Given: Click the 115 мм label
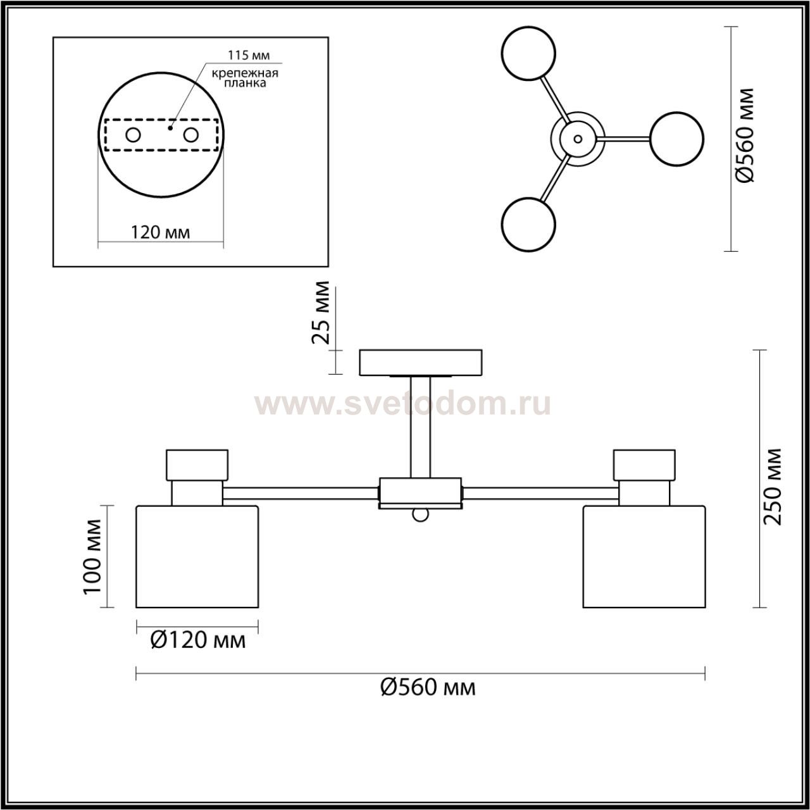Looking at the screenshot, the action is [249, 55].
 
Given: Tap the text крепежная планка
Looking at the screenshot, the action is [245, 78].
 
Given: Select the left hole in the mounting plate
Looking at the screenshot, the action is [134, 135].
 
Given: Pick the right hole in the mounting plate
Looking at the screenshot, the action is [191, 135].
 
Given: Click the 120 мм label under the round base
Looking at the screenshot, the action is [161, 232].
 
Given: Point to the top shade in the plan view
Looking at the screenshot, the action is [528, 53].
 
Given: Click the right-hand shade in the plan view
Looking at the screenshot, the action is [676, 139].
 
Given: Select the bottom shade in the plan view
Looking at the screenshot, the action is [528, 225].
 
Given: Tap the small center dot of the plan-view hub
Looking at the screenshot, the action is [578, 139].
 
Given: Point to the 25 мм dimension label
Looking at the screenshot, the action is [321, 313].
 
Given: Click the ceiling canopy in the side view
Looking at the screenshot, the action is [420, 363].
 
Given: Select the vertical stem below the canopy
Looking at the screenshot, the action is [420, 427].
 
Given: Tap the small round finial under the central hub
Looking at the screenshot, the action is [420, 514].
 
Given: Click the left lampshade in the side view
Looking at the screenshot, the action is [197, 556].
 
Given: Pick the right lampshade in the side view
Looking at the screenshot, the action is [644, 556].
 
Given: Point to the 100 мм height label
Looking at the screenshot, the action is [92, 556].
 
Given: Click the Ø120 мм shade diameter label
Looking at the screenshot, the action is [197, 640].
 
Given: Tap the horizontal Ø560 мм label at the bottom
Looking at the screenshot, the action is [428, 688].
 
